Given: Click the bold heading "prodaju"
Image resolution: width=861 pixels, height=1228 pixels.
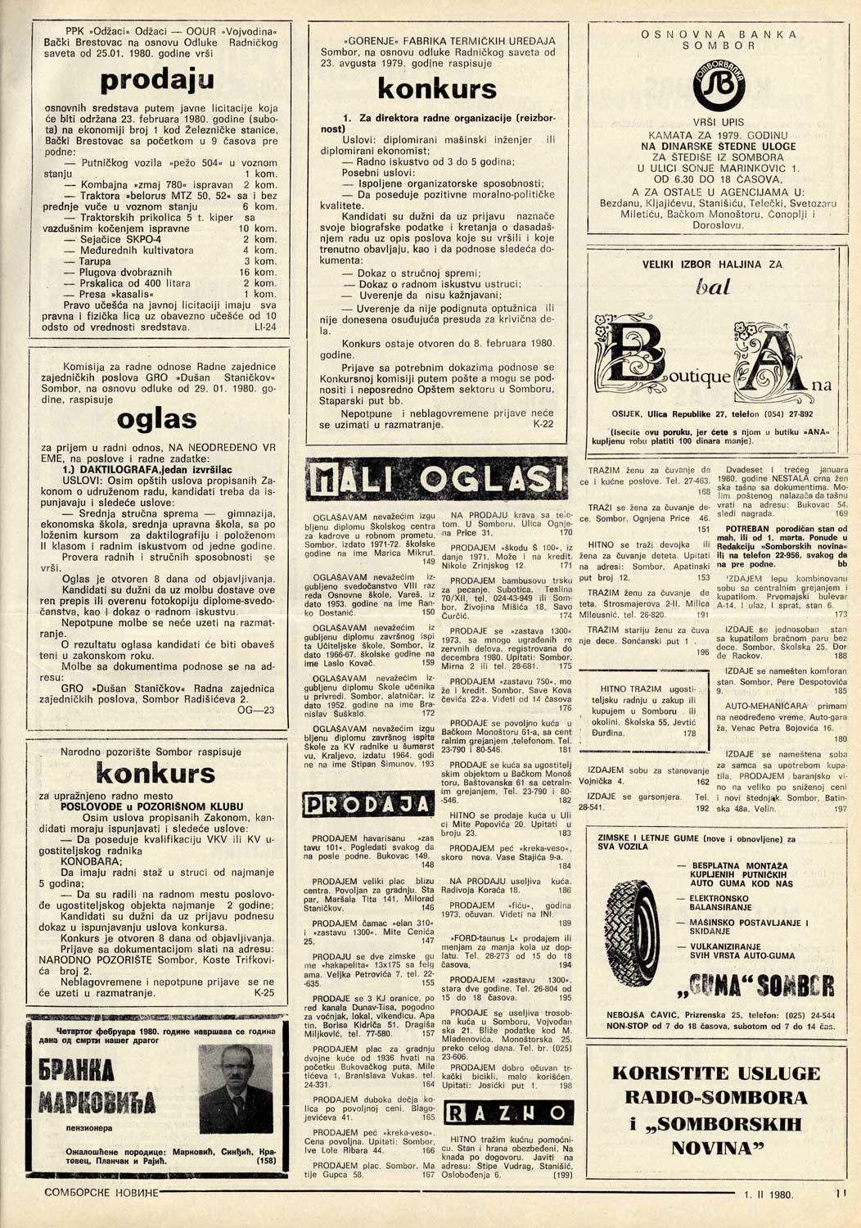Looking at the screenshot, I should click(x=157, y=80).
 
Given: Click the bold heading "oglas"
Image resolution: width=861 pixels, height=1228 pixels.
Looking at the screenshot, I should click(x=157, y=419).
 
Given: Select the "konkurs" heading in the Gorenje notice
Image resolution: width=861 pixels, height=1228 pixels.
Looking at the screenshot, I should click(x=436, y=88).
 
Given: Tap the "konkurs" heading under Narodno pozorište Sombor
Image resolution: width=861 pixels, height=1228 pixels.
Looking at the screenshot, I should click(x=156, y=772).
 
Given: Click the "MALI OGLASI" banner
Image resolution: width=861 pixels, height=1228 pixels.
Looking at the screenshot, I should click(x=436, y=480).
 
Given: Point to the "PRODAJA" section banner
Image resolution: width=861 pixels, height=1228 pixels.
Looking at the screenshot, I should click(x=367, y=805).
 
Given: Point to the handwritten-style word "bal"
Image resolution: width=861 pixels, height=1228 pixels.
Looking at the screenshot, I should click(x=712, y=287).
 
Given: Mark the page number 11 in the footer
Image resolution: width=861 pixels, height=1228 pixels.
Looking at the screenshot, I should click(x=840, y=1194).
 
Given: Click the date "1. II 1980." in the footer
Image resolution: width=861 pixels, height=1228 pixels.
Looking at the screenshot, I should click(x=769, y=1194).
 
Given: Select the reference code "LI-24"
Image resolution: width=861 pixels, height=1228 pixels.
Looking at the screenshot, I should click(x=266, y=327).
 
